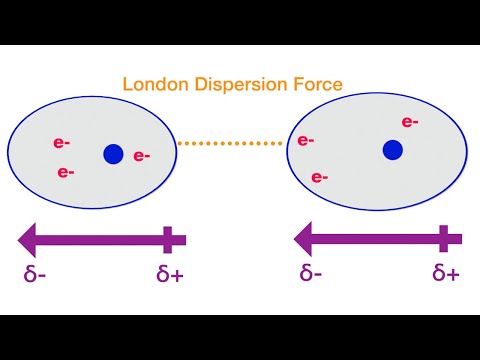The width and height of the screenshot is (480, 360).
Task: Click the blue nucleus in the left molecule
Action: point(113,154)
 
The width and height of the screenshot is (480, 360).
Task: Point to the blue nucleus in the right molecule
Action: point(392,150)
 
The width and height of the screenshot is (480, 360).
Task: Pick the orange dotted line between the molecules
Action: point(229,143)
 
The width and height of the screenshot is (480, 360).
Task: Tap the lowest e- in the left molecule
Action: point(67,172)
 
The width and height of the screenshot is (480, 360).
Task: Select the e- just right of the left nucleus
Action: point(142,155)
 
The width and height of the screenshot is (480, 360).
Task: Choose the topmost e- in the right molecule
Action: point(409,122)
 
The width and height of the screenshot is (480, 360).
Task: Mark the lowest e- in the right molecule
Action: point(321,178)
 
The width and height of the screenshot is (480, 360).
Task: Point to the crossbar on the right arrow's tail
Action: point(443,239)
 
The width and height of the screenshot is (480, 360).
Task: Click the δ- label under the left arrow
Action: point(36,272)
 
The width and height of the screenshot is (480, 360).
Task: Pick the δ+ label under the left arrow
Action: point(170,272)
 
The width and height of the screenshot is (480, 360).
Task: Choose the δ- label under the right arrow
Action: point(309,272)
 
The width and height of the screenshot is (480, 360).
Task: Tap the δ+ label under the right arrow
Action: point(445,272)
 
